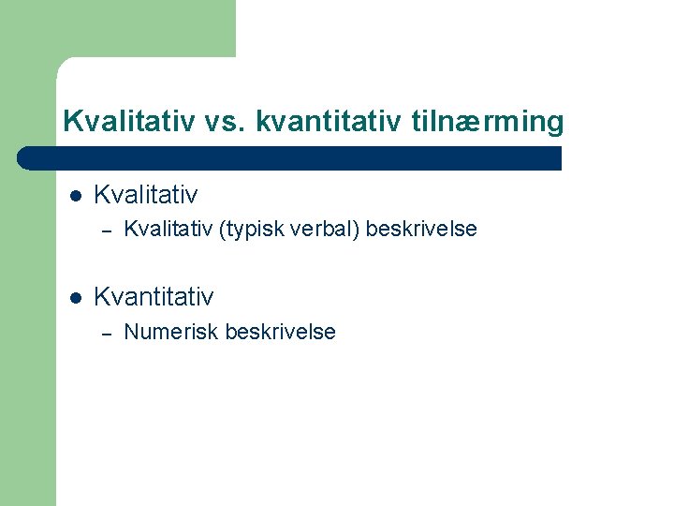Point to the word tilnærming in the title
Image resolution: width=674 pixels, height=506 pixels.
(x=487, y=122)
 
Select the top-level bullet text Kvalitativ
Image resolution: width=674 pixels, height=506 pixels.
(x=146, y=195)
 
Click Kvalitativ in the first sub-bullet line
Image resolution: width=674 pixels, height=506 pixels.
(x=168, y=229)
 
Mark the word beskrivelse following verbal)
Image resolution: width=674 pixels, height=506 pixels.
(x=422, y=229)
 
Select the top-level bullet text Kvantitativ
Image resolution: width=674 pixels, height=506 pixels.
(x=154, y=297)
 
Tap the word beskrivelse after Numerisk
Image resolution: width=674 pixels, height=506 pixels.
(x=281, y=332)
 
